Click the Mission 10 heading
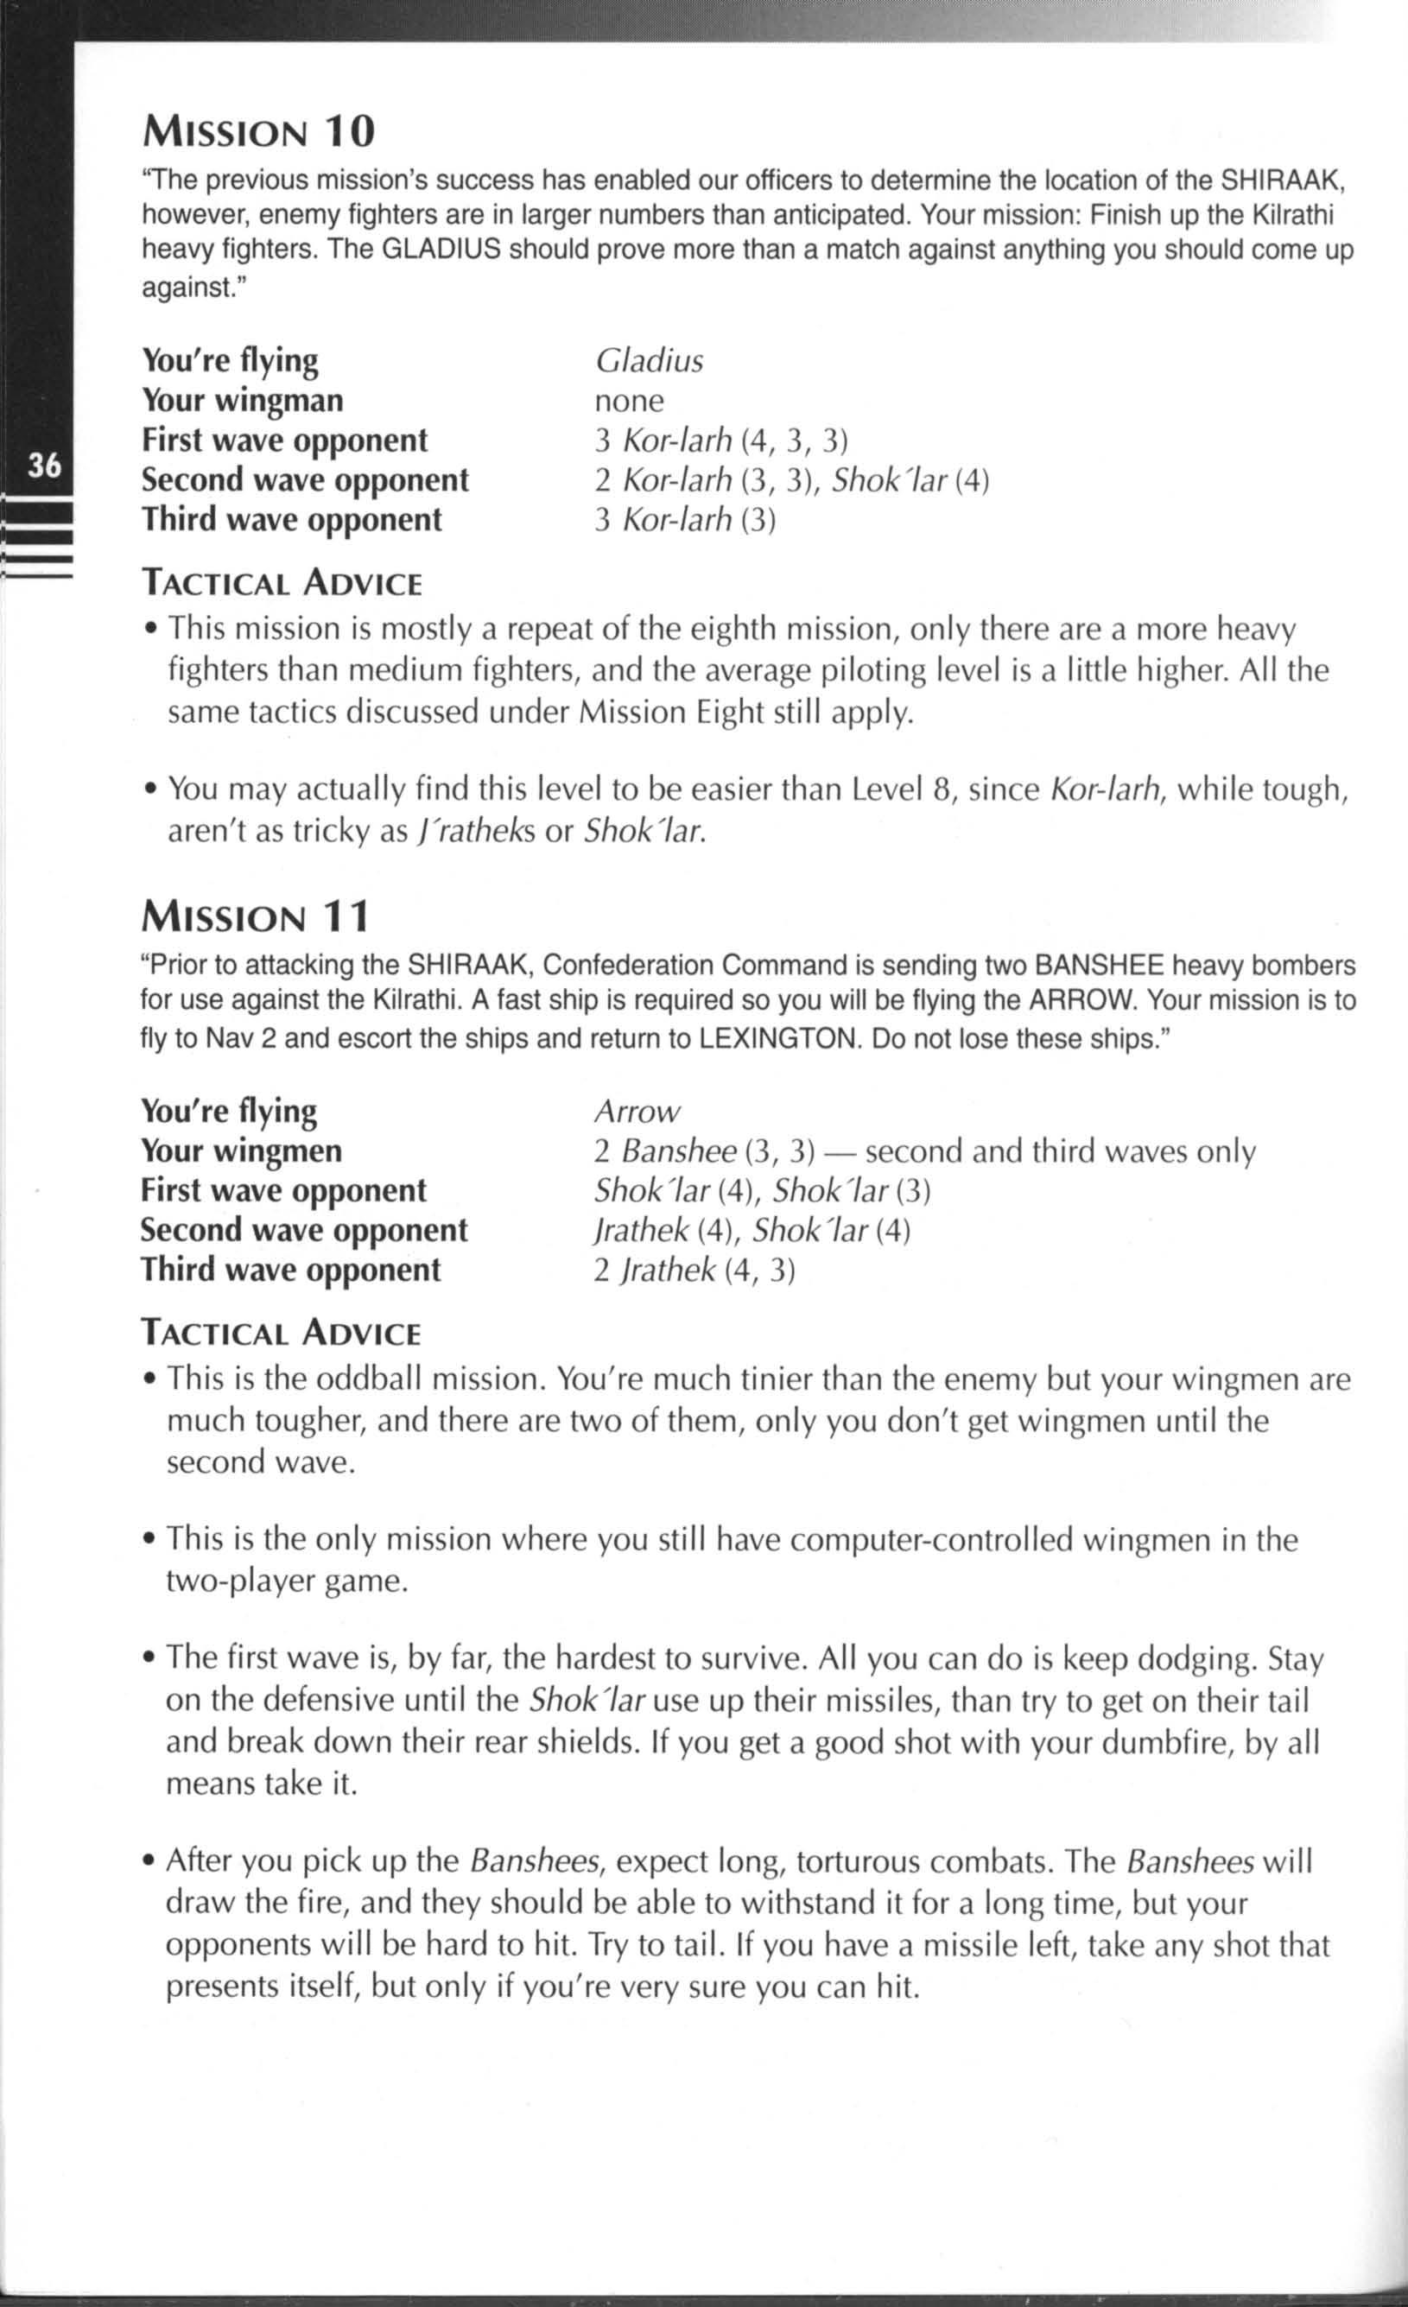(258, 132)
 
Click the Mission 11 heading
(255, 916)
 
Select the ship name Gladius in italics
(649, 360)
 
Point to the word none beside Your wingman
(629, 401)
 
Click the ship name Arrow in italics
(637, 1112)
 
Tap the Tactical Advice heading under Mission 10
(282, 583)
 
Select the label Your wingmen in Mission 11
(242, 1150)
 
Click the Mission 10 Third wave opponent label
(292, 519)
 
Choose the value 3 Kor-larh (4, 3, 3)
(721, 440)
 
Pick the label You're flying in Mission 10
(231, 360)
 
